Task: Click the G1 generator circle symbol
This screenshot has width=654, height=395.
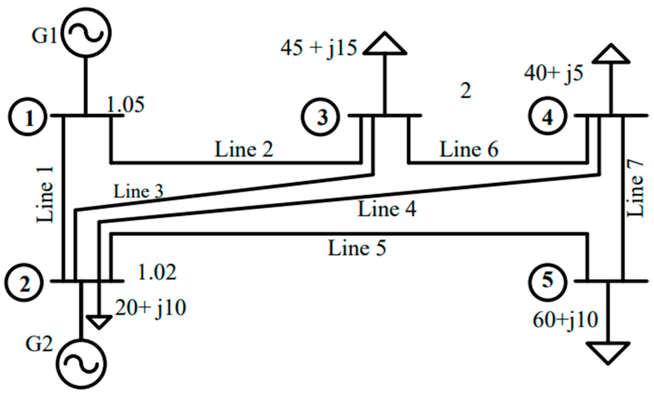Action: [86, 33]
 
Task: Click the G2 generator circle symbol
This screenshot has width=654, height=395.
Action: [81, 364]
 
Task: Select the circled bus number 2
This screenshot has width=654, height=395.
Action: [24, 282]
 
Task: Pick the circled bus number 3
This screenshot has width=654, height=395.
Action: [320, 117]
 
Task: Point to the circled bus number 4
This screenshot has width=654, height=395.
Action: [547, 116]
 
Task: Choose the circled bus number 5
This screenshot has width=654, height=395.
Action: [547, 281]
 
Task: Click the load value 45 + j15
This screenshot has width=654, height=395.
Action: [319, 48]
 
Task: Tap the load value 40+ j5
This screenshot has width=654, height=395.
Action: [554, 73]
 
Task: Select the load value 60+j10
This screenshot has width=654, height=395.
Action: [565, 320]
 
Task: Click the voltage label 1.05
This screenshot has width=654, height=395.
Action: [126, 105]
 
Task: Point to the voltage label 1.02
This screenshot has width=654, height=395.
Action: [157, 272]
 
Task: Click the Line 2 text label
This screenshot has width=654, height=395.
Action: [244, 149]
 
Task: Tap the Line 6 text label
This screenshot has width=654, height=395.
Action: [469, 149]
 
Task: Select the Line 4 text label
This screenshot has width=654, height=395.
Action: [387, 209]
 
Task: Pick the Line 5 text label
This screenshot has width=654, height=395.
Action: [357, 248]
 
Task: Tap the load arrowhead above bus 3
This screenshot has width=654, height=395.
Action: [385, 44]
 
